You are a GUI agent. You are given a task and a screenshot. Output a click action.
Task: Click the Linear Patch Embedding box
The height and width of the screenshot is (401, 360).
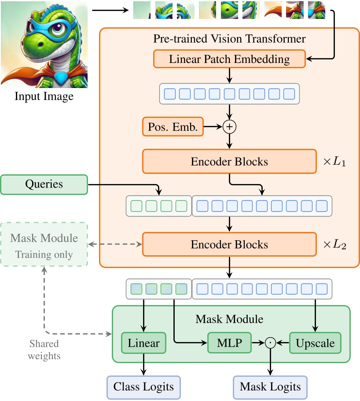(229, 59)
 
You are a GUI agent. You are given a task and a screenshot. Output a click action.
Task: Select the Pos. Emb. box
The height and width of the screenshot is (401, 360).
(173, 127)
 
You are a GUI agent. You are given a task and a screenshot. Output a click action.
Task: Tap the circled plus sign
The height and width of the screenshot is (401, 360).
(229, 127)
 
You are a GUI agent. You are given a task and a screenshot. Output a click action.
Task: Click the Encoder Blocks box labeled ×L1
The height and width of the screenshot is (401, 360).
(229, 162)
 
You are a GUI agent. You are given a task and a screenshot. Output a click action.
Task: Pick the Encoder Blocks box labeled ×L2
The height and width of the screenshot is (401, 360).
(229, 244)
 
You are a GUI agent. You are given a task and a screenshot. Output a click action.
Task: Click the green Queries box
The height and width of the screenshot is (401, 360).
(44, 184)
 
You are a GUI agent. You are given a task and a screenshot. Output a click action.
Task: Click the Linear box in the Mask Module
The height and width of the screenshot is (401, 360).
(143, 343)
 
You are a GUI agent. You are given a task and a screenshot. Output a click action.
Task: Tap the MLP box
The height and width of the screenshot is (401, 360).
(229, 343)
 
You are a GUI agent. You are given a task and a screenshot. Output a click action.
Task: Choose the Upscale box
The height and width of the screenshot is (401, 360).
(315, 343)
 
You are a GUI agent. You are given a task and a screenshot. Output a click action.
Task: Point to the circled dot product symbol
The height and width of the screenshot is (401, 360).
(270, 343)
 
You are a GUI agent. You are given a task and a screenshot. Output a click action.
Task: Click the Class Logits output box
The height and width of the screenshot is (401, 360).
(143, 387)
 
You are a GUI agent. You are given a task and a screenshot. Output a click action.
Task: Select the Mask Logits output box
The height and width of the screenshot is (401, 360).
(270, 387)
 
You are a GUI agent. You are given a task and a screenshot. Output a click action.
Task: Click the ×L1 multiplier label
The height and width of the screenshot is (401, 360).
(334, 162)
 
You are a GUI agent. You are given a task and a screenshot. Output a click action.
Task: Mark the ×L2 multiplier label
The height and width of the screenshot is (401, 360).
(334, 245)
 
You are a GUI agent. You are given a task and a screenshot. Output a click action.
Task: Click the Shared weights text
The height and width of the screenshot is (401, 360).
(44, 349)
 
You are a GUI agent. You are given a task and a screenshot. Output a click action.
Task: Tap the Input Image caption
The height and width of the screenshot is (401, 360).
(44, 96)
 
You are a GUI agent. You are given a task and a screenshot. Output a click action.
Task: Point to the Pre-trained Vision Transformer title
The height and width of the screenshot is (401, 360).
(229, 39)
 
